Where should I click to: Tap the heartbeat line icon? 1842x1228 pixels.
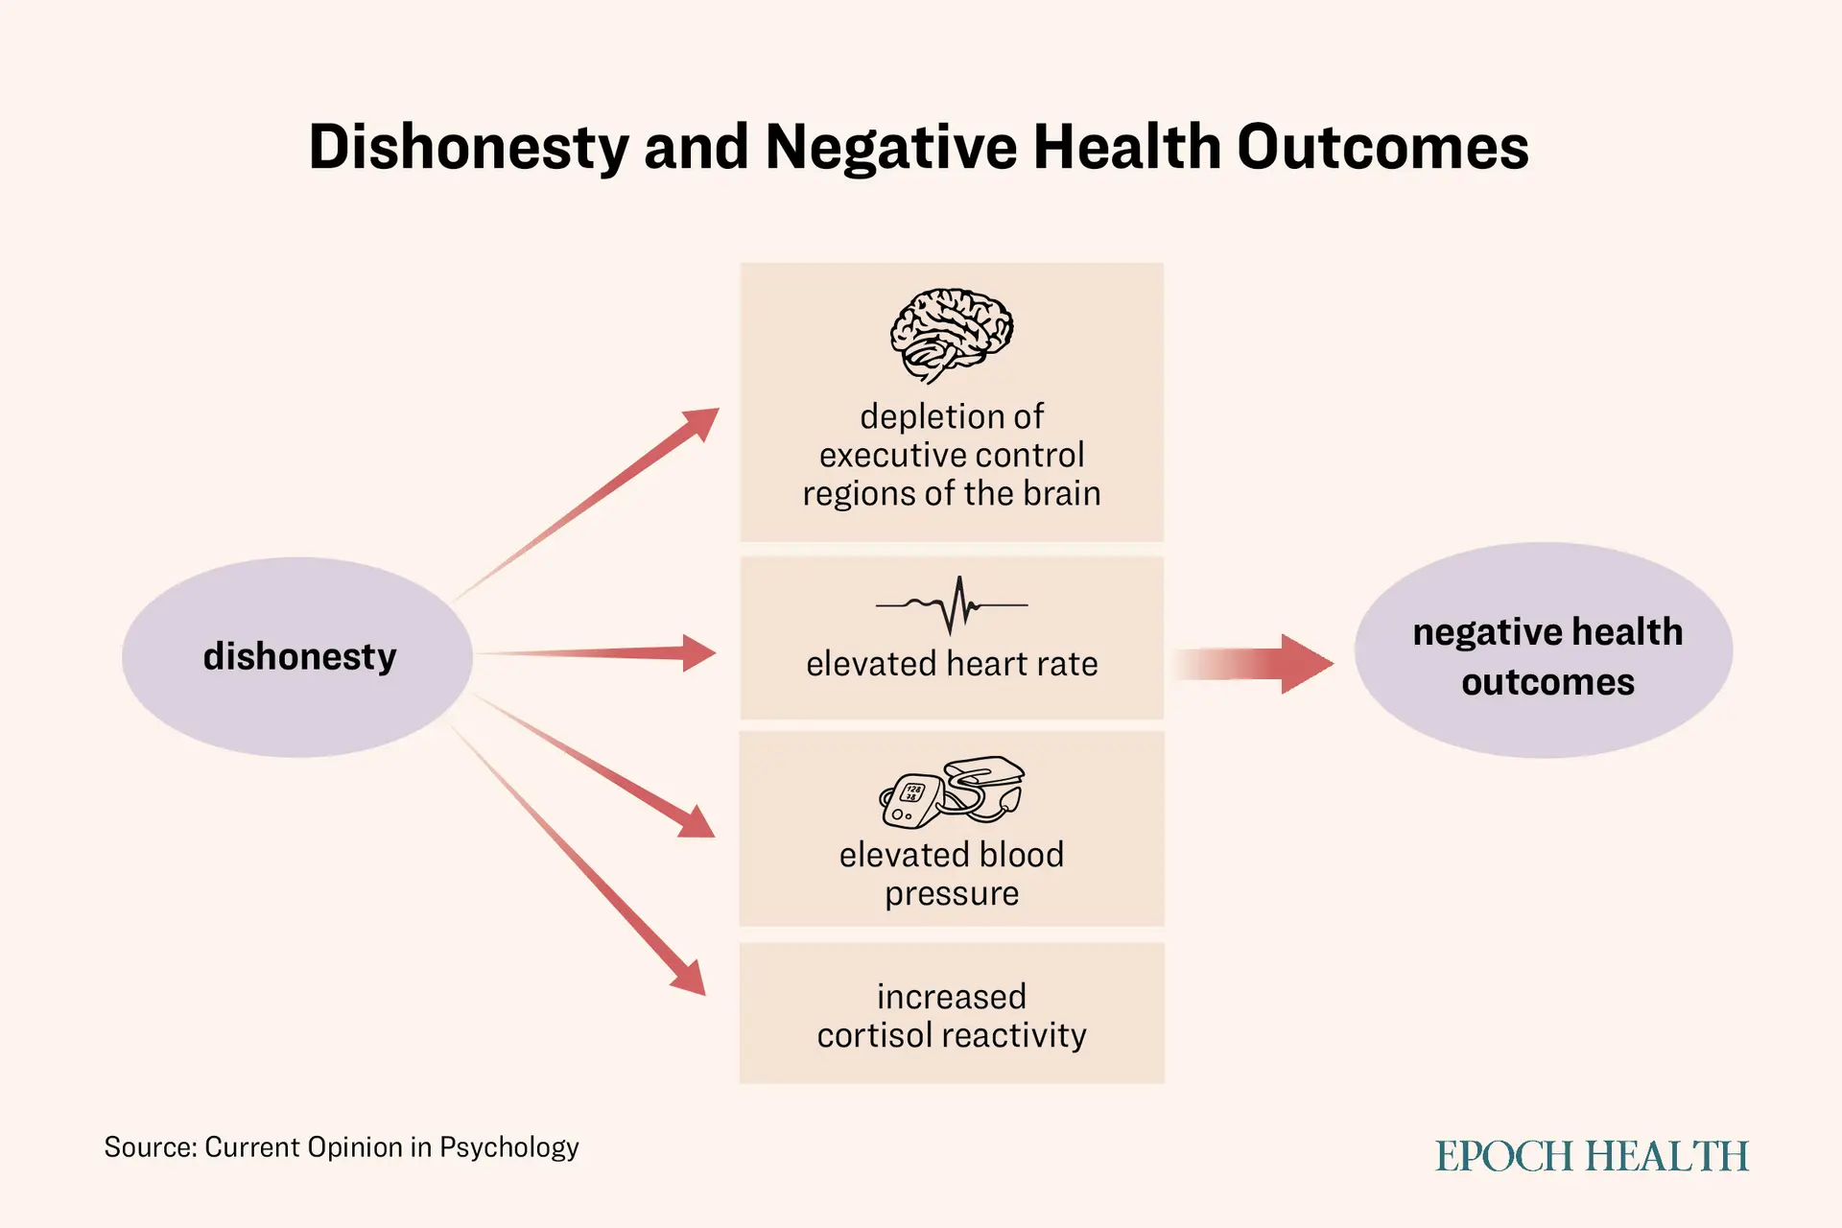[x=952, y=605]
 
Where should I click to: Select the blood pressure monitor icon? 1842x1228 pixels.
[x=952, y=792]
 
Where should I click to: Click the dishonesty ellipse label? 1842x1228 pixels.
[x=299, y=656]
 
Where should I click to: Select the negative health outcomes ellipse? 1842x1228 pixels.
[x=1544, y=650]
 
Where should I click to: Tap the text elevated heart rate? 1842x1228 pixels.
[x=952, y=663]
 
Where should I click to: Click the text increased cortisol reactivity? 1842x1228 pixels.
[x=952, y=1015]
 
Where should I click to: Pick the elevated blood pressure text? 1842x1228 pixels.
[x=952, y=874]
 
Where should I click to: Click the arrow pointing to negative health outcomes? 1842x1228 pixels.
[x=1253, y=663]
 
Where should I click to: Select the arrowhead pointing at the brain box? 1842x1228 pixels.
[x=698, y=424]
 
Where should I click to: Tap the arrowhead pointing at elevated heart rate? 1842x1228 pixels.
[x=698, y=652]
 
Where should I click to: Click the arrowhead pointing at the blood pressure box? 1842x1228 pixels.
[x=697, y=821]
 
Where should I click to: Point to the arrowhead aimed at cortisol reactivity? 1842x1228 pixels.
[x=689, y=978]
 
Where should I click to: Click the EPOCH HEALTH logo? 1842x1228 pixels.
[x=1592, y=1156]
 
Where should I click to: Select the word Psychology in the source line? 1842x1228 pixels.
[x=509, y=1147]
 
